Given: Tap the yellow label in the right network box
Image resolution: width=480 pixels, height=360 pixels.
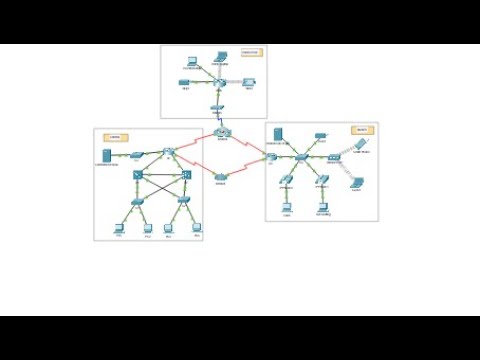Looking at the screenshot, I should [x=360, y=130].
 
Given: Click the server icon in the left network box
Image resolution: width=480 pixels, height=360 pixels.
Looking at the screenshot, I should [x=106, y=156].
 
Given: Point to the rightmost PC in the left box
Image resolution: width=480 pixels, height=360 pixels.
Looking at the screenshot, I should [x=197, y=227].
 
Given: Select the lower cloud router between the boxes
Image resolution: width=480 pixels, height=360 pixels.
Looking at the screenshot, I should [x=221, y=177].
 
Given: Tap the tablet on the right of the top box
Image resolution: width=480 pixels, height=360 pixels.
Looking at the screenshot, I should [x=249, y=82].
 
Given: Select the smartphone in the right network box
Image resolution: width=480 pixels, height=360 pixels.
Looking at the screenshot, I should [x=358, y=182].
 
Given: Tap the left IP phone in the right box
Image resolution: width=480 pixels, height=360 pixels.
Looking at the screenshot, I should [x=287, y=181].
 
